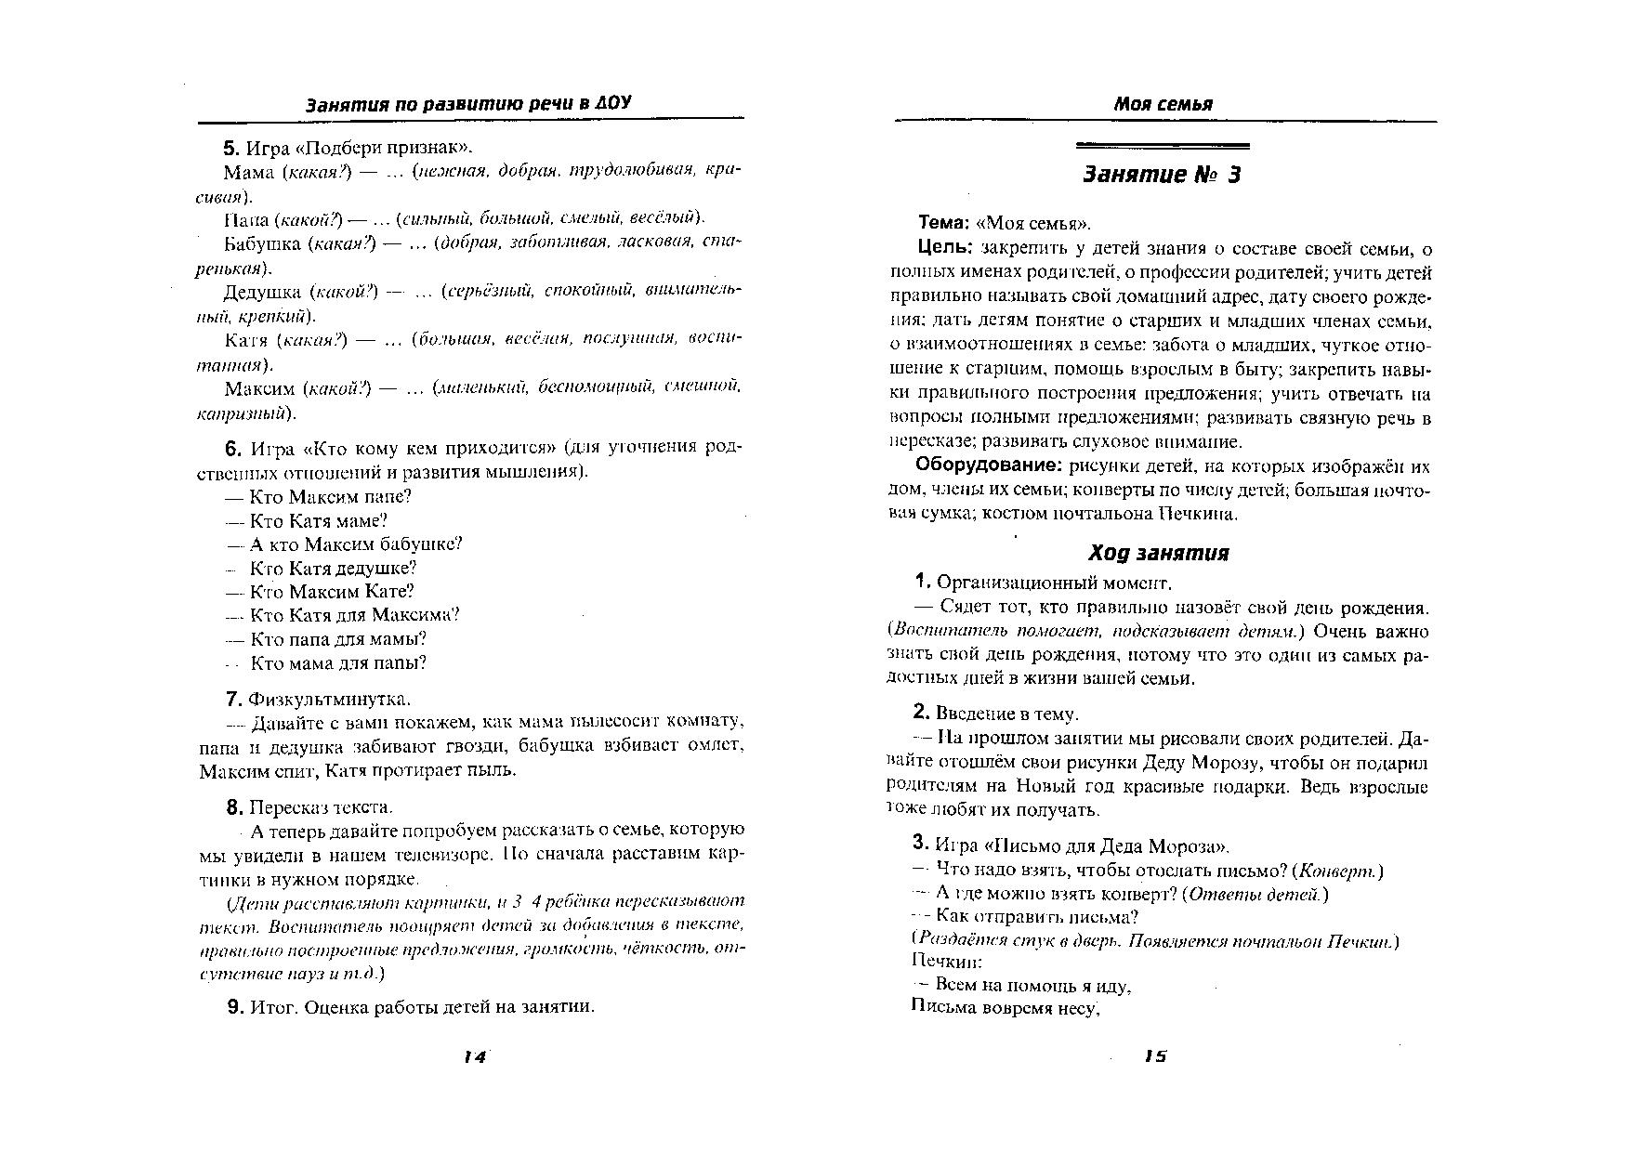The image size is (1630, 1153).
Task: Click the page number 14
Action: click(x=475, y=1056)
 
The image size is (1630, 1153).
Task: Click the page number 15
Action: click(x=1155, y=1055)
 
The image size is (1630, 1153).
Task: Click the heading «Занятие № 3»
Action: click(x=1162, y=176)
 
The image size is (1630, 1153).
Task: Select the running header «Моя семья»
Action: click(x=1163, y=104)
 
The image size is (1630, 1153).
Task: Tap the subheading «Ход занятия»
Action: click(x=1158, y=554)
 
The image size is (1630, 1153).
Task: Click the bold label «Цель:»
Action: click(x=944, y=248)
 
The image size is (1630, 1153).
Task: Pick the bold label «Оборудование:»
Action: click(x=989, y=465)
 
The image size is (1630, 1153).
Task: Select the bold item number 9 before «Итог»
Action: click(x=234, y=1007)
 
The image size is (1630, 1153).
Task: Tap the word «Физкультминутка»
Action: click(x=329, y=699)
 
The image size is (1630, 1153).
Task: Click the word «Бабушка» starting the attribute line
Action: click(x=262, y=243)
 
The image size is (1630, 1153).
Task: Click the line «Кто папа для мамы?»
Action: click(x=338, y=639)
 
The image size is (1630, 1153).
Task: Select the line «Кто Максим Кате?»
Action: click(x=332, y=592)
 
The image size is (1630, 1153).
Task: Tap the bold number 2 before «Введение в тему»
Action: click(x=920, y=713)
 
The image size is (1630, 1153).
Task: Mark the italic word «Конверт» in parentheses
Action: click(x=1337, y=871)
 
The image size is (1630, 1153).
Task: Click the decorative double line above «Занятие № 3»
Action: click(x=1162, y=146)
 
